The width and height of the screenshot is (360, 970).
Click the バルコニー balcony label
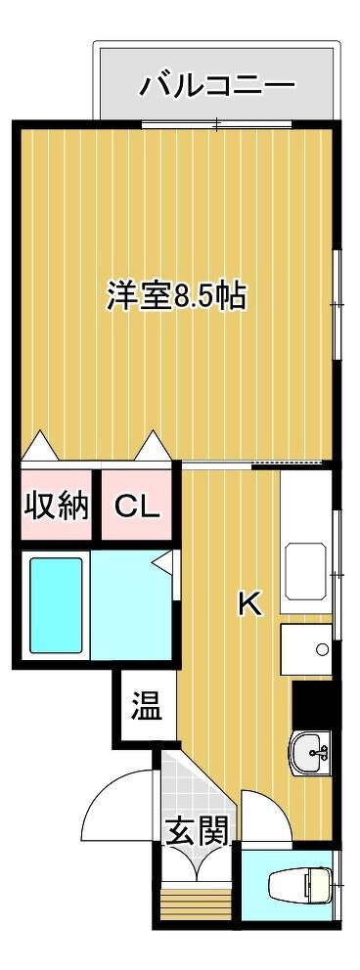click(216, 85)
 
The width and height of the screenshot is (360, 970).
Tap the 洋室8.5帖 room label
click(177, 296)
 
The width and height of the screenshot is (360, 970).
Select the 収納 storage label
click(57, 507)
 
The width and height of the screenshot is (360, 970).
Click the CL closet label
click(137, 507)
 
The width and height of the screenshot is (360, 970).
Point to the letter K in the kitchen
click(251, 603)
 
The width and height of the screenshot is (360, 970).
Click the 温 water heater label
click(147, 707)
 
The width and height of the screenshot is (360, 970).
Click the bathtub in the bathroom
click(57, 604)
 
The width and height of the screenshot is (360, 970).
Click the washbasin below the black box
click(312, 753)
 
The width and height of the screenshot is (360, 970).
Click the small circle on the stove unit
click(322, 649)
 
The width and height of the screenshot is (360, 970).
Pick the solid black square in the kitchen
click(315, 704)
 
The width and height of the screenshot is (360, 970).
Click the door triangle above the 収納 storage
click(41, 446)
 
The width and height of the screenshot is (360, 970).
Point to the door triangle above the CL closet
click(152, 446)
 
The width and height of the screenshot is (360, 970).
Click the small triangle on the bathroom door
click(163, 561)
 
